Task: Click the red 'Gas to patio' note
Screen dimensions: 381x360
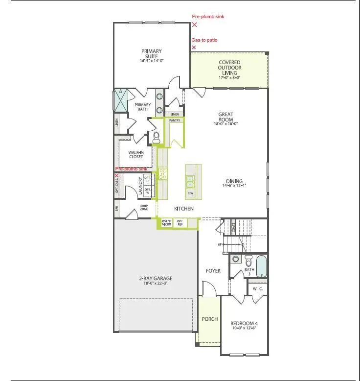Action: [204, 40]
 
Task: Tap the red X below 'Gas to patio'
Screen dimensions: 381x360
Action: [194, 48]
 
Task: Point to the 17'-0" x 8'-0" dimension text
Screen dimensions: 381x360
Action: [229, 77]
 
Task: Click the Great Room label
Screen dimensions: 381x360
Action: [225, 117]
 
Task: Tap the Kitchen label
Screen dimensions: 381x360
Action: [183, 209]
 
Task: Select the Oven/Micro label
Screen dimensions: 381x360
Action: [167, 223]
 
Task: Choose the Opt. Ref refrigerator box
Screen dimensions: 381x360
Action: [180, 223]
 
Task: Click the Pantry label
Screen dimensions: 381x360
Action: [175, 119]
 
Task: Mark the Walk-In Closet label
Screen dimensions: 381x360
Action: [135, 154]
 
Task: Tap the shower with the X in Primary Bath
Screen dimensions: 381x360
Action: [120, 101]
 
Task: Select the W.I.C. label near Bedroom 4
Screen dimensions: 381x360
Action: [257, 288]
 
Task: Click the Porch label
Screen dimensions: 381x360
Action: [209, 319]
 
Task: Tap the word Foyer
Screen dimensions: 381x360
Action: [213, 270]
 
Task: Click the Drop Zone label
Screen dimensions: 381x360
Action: [144, 208]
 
